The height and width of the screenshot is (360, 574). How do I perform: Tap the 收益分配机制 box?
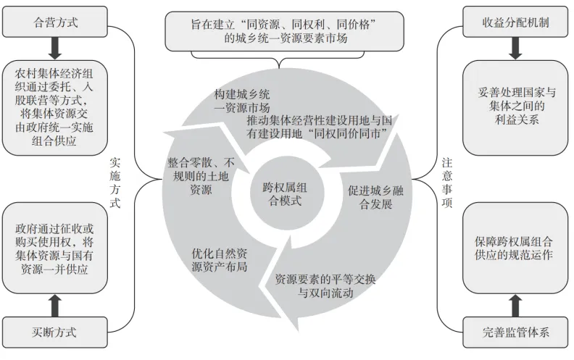(516, 23)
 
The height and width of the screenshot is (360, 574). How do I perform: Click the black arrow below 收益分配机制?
(516, 48)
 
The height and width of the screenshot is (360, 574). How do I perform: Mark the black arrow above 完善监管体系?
(516, 305)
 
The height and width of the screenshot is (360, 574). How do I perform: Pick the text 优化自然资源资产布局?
(220, 260)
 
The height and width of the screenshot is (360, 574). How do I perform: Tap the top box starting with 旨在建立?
(284, 30)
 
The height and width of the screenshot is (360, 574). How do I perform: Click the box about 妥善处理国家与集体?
(516, 107)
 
